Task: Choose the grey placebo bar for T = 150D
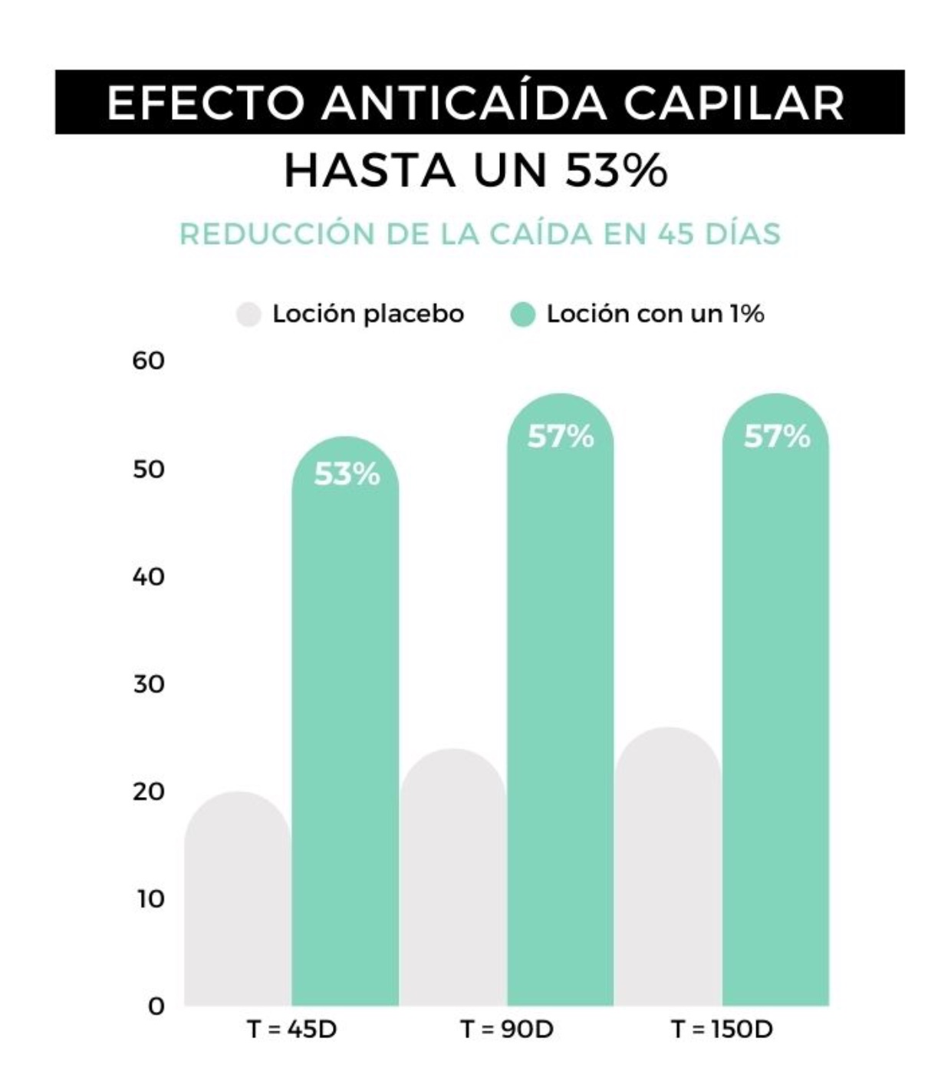(x=668, y=867)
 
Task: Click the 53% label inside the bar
(x=347, y=475)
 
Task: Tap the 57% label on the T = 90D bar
(x=561, y=437)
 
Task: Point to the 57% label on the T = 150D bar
(x=777, y=437)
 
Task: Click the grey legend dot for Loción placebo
(x=248, y=315)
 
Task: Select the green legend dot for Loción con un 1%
(x=522, y=315)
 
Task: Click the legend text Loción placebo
(x=368, y=314)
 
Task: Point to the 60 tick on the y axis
(x=148, y=361)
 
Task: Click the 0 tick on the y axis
(x=156, y=1006)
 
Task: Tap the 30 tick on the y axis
(x=148, y=684)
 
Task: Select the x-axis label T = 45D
(x=291, y=1029)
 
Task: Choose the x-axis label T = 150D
(x=722, y=1029)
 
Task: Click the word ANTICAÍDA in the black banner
(x=465, y=102)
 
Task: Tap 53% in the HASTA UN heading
(x=616, y=170)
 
